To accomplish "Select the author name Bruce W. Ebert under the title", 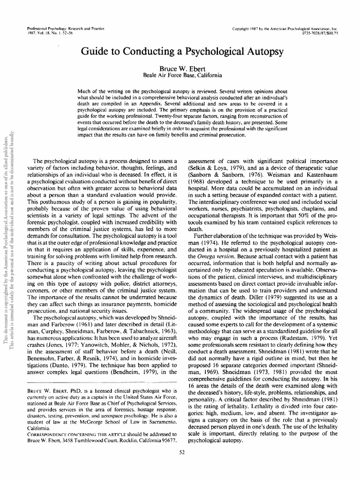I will pyautogui.click(x=180, y=68).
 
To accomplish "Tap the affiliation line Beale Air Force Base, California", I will pyautogui.click(x=180, y=75).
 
